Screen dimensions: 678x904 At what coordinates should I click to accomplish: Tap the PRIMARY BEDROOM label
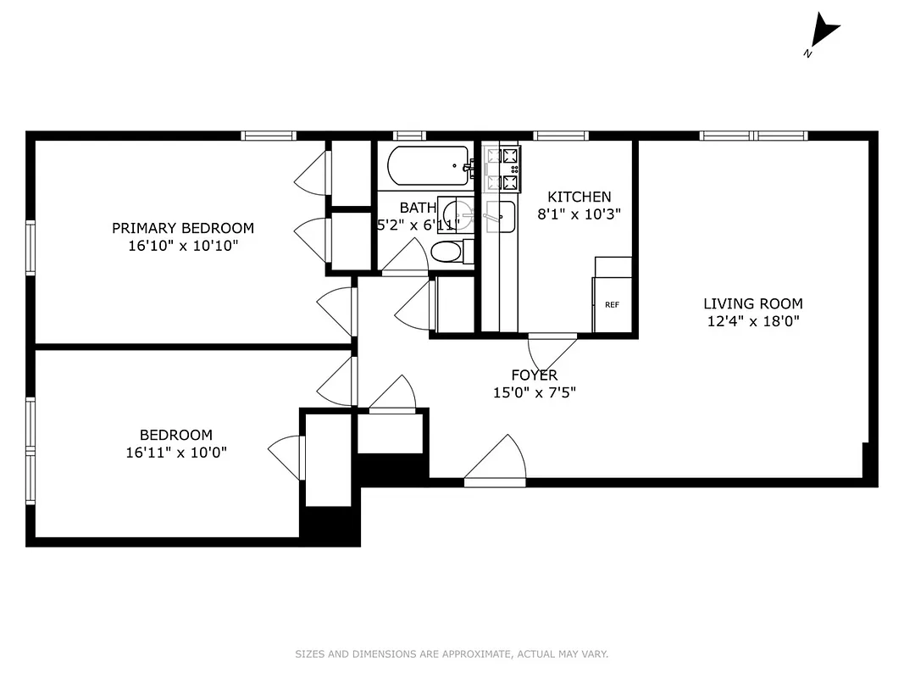(183, 228)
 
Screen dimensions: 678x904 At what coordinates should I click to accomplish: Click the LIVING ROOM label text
(752, 303)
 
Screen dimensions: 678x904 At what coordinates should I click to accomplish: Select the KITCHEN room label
(579, 197)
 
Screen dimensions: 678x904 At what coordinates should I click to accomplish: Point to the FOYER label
(534, 375)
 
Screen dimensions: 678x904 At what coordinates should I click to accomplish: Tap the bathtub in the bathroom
(428, 165)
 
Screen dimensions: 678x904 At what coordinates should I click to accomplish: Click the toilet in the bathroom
(447, 252)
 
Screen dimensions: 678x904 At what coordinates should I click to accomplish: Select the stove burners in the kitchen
(502, 169)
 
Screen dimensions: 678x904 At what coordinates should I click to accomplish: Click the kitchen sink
(500, 217)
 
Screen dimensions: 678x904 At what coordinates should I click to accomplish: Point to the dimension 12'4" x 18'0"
(752, 321)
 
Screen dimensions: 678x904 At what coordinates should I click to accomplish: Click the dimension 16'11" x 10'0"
(176, 453)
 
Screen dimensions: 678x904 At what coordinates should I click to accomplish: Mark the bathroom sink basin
(458, 214)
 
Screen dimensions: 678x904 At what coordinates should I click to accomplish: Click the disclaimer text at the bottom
(452, 653)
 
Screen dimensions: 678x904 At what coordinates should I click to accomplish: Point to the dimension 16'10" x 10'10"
(183, 246)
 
